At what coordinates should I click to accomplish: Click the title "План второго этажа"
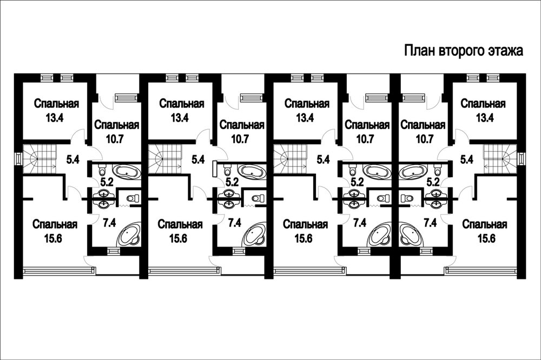pyautogui.click(x=464, y=50)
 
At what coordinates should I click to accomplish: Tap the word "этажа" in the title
pyautogui.click(x=505, y=51)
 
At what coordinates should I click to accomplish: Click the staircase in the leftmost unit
pyautogui.click(x=39, y=159)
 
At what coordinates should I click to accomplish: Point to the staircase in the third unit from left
pyautogui.click(x=290, y=159)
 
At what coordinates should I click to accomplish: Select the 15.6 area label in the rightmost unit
pyautogui.click(x=486, y=238)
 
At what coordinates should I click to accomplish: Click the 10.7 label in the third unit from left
pyautogui.click(x=365, y=139)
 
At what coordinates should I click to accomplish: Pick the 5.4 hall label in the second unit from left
pyautogui.click(x=198, y=159)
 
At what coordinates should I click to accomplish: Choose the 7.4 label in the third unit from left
pyautogui.click(x=359, y=223)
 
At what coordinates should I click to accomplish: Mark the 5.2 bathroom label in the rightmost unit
pyautogui.click(x=433, y=182)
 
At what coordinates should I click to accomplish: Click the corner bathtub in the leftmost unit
pyautogui.click(x=129, y=234)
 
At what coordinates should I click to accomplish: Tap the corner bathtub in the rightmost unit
pyautogui.click(x=412, y=234)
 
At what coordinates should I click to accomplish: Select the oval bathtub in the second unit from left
pyautogui.click(x=253, y=171)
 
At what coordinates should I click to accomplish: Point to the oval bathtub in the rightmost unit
pyautogui.click(x=412, y=171)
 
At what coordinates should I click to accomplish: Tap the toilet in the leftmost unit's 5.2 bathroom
pyautogui.click(x=102, y=169)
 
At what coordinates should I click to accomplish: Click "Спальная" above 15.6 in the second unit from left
pyautogui.click(x=180, y=224)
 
